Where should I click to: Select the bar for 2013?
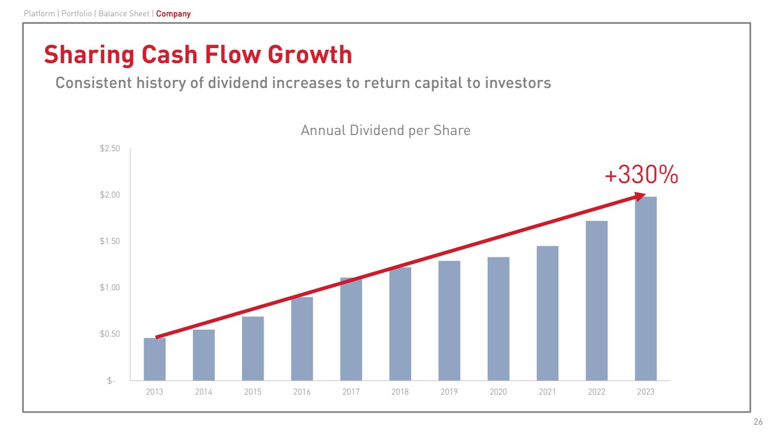coord(155,359)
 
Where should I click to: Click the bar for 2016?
coord(302,339)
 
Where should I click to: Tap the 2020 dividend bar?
coord(498,319)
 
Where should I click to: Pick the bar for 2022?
coord(597,301)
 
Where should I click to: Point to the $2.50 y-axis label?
coord(109,149)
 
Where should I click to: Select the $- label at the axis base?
coord(111,381)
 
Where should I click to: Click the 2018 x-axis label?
coord(400,392)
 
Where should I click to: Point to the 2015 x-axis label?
coord(253,392)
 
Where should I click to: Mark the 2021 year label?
coord(547,392)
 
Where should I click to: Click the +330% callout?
coord(641,175)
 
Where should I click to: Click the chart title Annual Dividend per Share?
coord(385,130)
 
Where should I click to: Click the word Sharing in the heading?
coord(85,55)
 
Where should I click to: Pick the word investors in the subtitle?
coord(516,83)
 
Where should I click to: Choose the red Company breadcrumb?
coord(173,13)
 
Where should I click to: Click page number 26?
coord(758,422)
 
